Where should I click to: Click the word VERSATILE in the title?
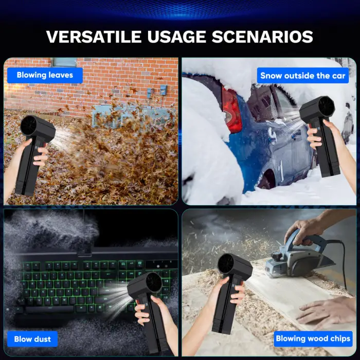coord(93,37)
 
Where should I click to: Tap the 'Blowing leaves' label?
coord(45,75)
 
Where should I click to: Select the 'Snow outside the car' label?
coord(302,76)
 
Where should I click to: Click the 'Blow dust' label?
coord(32,339)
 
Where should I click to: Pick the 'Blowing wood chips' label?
coord(313,338)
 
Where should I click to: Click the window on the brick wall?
coord(64,62)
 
